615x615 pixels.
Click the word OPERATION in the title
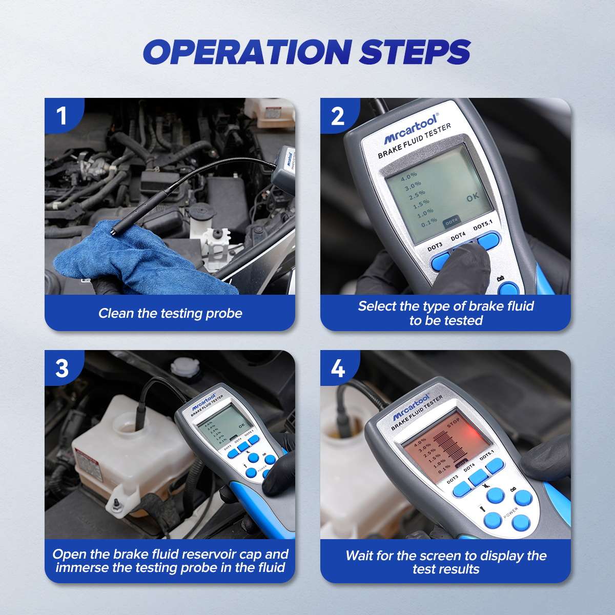pos(237,52)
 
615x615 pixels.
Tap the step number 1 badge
pos(62,116)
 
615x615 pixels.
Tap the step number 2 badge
pos(338,116)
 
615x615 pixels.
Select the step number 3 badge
pos(62,368)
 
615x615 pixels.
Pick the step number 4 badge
pos(338,368)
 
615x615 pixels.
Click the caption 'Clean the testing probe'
pos(170,313)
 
